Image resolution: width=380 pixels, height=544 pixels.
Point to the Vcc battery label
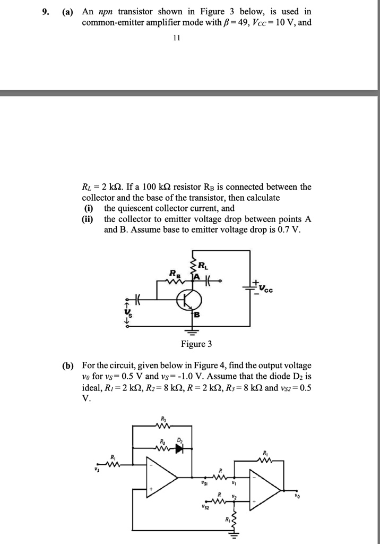267,289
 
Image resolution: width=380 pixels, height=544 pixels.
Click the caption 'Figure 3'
196,344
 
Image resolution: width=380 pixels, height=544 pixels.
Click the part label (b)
68,365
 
